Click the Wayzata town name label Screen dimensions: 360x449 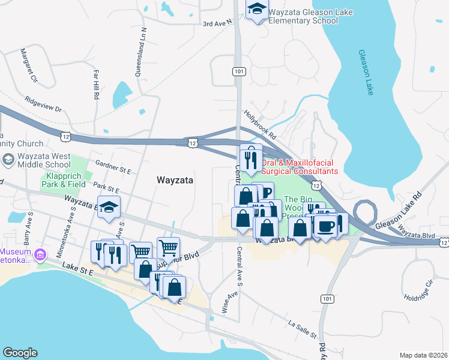pos(174,179)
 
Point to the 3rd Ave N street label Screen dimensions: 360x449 pos(217,24)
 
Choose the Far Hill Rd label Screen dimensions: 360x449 pos(95,83)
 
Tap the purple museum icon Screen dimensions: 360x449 pos(40,254)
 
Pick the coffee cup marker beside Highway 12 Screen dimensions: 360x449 pos(325,227)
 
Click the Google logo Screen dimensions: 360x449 pos(20,353)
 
